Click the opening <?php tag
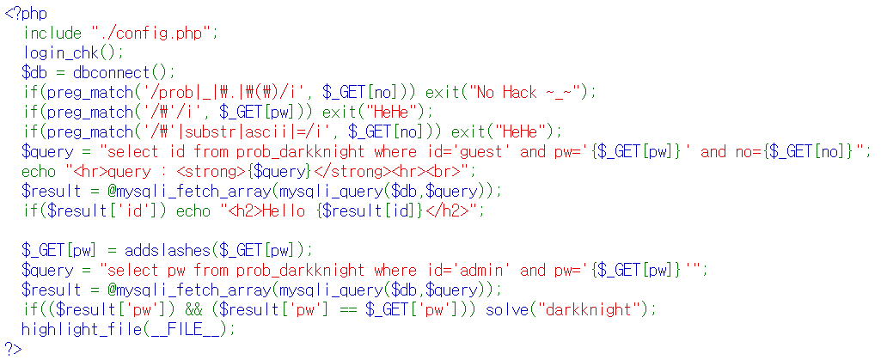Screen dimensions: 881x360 click(26, 15)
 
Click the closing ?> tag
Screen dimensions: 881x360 click(14, 348)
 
